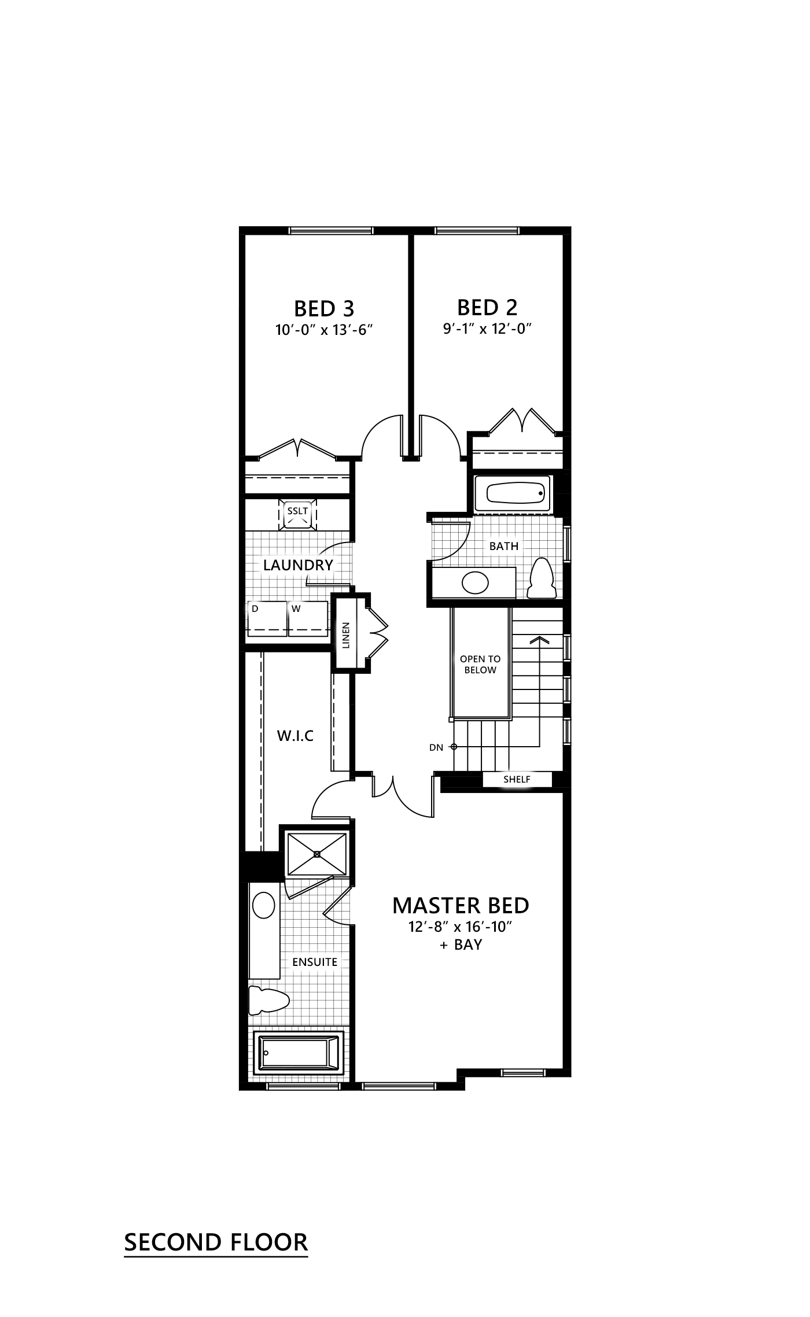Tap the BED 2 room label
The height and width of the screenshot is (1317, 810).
487,307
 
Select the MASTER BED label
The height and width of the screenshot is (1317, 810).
461,905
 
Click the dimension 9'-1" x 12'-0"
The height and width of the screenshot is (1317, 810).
487,329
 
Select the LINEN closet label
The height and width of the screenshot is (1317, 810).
345,635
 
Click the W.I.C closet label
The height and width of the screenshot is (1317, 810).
295,736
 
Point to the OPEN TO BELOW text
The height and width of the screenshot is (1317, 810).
480,665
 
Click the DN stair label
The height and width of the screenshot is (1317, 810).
436,747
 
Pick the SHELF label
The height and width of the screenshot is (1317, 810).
517,780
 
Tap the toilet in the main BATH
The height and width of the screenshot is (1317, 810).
542,578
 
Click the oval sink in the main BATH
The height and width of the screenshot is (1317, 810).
475,583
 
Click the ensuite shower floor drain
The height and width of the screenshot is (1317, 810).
317,854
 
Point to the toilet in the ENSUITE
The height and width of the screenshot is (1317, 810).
268,1000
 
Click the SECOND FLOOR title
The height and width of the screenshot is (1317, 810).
216,1242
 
